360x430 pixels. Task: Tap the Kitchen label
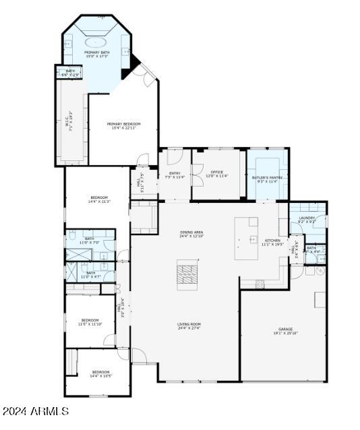pos(272,241)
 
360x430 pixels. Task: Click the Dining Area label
pos(191,234)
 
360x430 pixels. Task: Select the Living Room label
pos(189,326)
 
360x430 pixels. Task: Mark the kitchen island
pos(246,238)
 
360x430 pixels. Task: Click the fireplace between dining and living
pos(188,274)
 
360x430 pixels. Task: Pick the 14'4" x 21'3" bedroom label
pos(99,199)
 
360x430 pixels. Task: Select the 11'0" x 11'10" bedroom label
pos(90,321)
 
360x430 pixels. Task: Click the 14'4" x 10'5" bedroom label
pos(100,373)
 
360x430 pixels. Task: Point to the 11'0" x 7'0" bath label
pos(90,241)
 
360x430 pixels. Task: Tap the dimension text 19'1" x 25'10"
pos(286,333)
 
